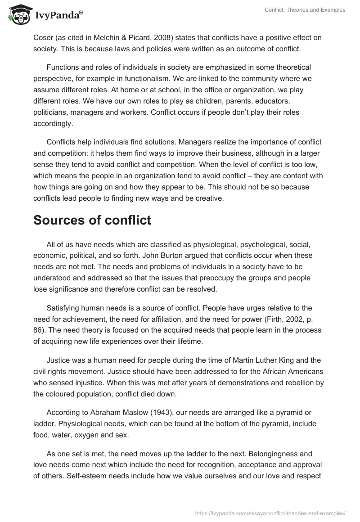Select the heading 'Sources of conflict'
pyautogui.click(x=92, y=220)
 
